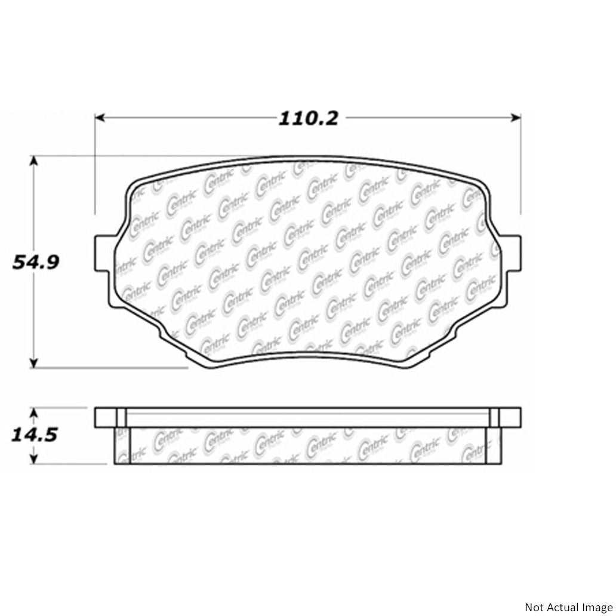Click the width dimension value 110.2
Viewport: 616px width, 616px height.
pyautogui.click(x=309, y=118)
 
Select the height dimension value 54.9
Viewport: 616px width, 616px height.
pyautogui.click(x=36, y=262)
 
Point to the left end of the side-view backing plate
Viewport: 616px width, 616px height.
pyautogui.click(x=105, y=417)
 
